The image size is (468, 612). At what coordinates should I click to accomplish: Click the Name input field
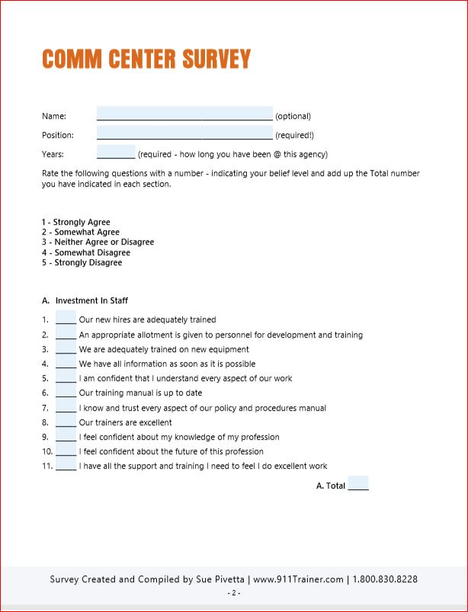point(184,114)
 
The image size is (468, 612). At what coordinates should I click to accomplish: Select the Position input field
point(184,133)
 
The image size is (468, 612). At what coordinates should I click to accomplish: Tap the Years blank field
point(116,152)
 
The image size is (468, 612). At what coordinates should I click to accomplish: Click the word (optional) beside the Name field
point(293,117)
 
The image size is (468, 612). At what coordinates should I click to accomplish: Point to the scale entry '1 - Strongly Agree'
point(76,223)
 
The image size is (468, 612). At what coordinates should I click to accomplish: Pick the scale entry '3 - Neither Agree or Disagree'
point(98,242)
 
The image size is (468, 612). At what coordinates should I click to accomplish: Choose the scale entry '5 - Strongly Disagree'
point(82,262)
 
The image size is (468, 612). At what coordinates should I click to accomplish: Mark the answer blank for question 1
point(66,319)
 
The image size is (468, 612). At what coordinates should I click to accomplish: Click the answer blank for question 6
point(66,393)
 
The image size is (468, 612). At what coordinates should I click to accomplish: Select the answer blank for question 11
point(66,466)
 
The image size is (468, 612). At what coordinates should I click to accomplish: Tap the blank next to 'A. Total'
point(358,484)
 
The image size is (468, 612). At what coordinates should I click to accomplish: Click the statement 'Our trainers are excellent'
point(126,422)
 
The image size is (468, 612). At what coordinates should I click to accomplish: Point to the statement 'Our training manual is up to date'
point(140,393)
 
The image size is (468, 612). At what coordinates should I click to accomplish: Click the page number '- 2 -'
point(234,593)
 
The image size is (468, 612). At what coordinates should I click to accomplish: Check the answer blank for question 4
point(66,364)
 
